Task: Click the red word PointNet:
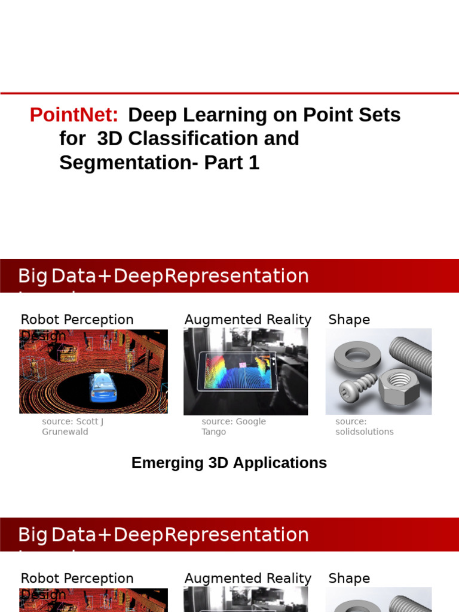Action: [74, 115]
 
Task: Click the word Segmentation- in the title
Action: [128, 163]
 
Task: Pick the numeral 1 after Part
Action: [254, 163]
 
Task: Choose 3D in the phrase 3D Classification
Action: [109, 139]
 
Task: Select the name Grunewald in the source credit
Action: [65, 432]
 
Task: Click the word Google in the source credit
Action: [250, 421]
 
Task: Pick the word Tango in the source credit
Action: [214, 432]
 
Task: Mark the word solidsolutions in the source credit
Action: [365, 432]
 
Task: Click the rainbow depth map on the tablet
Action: [236, 369]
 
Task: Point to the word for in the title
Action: [72, 139]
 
